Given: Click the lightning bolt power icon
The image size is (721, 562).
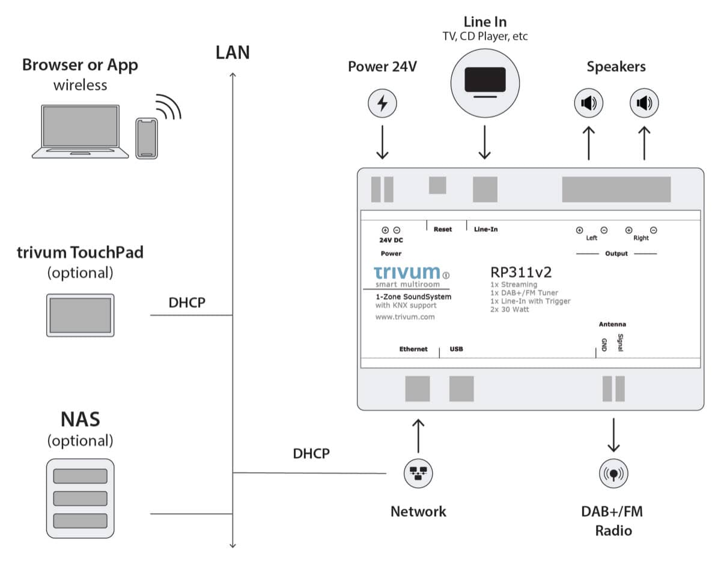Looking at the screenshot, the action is coord(382,103).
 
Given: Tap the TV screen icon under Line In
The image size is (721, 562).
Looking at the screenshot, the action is coord(485,83).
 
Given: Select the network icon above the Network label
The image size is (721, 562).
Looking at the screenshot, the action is coord(418,474).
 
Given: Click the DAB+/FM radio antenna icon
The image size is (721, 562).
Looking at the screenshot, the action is coord(613,474).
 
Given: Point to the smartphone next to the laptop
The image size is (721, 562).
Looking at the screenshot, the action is coord(147,138).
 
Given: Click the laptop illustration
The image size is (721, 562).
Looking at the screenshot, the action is coord(81,132).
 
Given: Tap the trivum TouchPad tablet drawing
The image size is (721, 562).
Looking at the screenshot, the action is coord(81,315).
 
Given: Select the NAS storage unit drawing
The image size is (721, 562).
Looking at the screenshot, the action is coord(81,498).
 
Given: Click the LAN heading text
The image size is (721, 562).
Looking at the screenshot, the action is coord(233,52).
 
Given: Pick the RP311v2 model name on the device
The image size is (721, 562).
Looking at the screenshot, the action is coord(521,272).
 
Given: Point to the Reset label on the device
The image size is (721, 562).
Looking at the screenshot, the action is coord(443,229).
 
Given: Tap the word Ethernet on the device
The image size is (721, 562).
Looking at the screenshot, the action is coord(413,349).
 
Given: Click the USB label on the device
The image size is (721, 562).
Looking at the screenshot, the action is coord(456,349).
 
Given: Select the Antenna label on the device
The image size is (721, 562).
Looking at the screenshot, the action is coord(612,324).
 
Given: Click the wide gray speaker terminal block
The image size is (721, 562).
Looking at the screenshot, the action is coord(616,189).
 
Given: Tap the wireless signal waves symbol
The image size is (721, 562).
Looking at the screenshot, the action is coord(169,106).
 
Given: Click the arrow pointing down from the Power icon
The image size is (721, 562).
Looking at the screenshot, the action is coord(382,142).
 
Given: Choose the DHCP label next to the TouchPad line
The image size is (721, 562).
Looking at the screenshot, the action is coord(187,302).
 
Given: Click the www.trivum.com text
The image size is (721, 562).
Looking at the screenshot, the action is coord(405,317).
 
